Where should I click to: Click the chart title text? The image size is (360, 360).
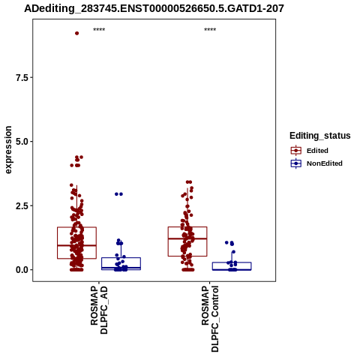point(154,8)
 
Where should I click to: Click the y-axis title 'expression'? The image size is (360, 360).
point(8,150)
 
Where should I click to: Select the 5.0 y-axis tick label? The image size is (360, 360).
point(22,142)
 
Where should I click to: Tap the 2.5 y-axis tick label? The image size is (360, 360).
point(22,205)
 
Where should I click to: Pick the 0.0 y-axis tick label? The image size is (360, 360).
point(22,270)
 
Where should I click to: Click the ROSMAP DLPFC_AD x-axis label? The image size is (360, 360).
point(99,310)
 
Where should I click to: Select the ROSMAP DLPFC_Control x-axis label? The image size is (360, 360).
point(210,319)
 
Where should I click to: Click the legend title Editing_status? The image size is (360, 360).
point(320,136)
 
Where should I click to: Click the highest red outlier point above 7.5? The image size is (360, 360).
point(77,33)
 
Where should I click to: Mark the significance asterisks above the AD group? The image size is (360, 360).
point(99,30)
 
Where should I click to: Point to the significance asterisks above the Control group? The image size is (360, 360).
point(210,30)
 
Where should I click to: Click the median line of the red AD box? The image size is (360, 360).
point(76,245)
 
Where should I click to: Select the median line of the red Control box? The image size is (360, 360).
point(187,238)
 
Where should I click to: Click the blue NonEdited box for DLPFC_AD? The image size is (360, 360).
point(121,258)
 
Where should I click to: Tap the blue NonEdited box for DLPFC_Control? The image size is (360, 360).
point(232,262)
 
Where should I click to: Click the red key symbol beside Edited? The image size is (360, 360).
point(296,151)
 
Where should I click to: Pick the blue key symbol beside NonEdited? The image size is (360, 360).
point(296,163)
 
